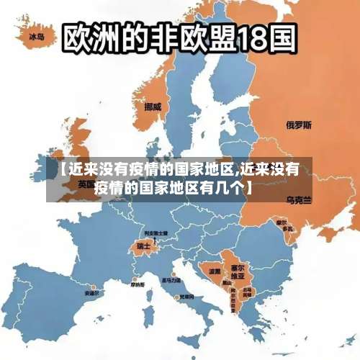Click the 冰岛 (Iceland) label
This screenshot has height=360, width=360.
pyautogui.click(x=37, y=35)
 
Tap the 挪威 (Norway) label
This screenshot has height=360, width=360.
pyautogui.click(x=153, y=107)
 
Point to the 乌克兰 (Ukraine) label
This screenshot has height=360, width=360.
pyautogui.click(x=299, y=199)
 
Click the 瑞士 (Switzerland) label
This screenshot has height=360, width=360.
pyautogui.click(x=143, y=246)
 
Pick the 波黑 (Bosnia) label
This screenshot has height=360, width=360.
pyautogui.click(x=215, y=271)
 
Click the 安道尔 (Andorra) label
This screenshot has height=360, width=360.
pyautogui.click(x=92, y=294)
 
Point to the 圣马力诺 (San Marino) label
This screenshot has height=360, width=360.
pyautogui.click(x=172, y=280)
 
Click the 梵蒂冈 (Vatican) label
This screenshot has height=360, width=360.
pyautogui.click(x=187, y=297)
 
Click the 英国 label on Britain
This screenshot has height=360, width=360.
pyautogui.click(x=85, y=184)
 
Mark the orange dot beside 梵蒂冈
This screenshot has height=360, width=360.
pyautogui.click(x=176, y=296)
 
